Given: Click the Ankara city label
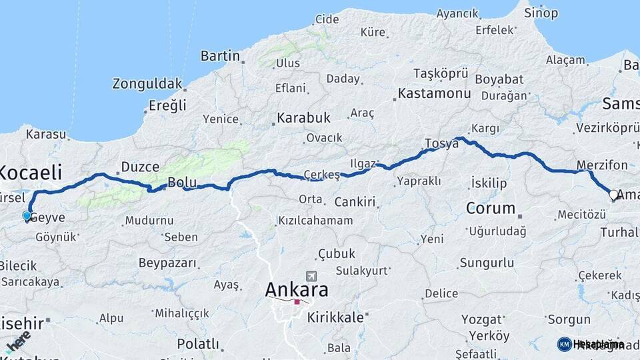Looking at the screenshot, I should click(297, 290).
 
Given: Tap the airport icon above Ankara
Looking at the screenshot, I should click(310, 275).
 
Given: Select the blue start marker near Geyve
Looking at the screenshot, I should click(27, 216).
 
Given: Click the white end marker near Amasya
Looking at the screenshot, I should click(613, 195).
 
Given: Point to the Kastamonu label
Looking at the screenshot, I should click(434, 94).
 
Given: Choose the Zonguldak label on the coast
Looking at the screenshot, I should click(147, 84).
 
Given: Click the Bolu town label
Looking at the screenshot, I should click(181, 182).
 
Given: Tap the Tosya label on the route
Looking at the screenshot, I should click(441, 144).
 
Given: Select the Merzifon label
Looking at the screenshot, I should click(602, 165).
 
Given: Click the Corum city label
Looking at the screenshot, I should click(491, 208).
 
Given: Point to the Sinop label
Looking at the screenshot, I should click(541, 13).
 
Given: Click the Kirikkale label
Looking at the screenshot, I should click(335, 318).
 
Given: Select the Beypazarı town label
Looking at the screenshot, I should click(168, 263).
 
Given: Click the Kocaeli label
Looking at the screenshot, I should click(30, 172).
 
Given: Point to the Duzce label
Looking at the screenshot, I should click(140, 167).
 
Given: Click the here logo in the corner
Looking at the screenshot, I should click(17, 341).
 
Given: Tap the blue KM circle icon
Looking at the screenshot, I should click(564, 344).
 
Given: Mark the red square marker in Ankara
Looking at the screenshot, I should click(297, 302).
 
